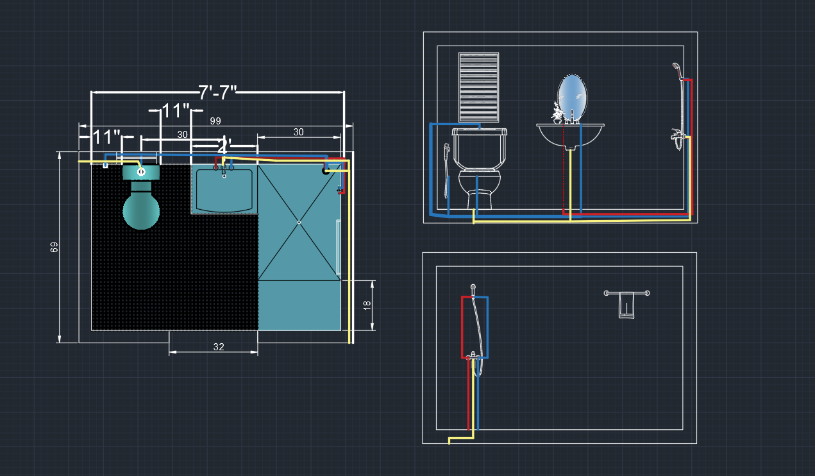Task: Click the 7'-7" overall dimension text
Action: pyautogui.click(x=217, y=92)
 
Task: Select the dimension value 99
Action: pyautogui.click(x=215, y=121)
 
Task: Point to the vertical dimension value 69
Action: pyautogui.click(x=55, y=247)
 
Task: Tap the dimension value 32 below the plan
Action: pyautogui.click(x=219, y=347)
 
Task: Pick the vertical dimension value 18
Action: pyautogui.click(x=367, y=305)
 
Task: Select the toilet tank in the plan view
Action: pyautogui.click(x=141, y=172)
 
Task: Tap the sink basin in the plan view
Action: pyautogui.click(x=224, y=191)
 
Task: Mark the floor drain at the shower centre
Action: pyautogui.click(x=299, y=223)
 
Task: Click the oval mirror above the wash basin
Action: pyautogui.click(x=572, y=98)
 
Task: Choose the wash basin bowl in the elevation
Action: pyautogui.click(x=570, y=135)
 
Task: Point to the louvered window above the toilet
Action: pyautogui.click(x=478, y=87)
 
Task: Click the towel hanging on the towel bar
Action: pyautogui.click(x=626, y=305)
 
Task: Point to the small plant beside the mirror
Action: pyautogui.click(x=557, y=114)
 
